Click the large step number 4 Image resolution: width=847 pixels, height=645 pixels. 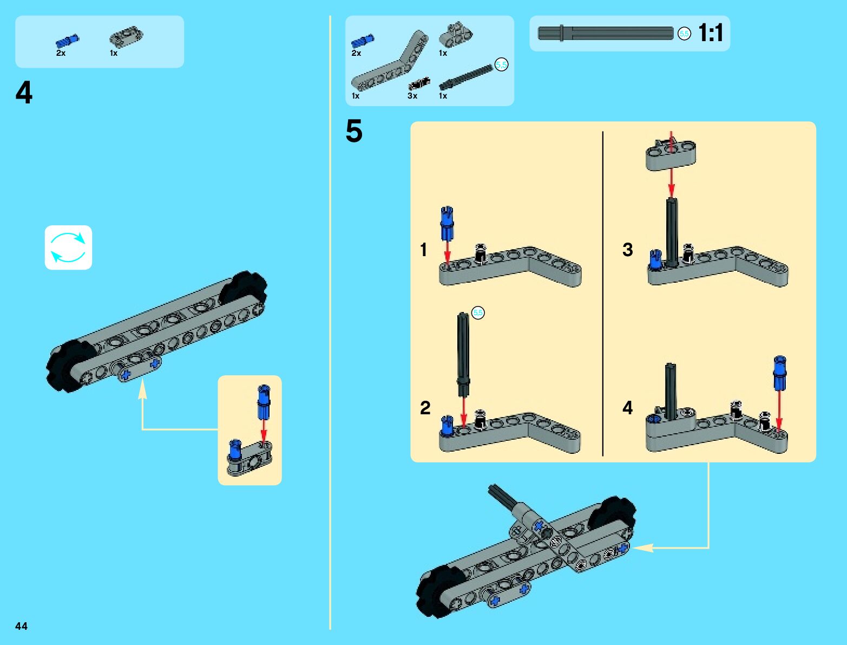point(24,93)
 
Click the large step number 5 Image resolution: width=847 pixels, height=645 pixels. point(354,132)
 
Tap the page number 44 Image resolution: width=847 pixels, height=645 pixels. point(21,626)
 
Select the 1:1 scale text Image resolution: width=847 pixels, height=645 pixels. point(711,33)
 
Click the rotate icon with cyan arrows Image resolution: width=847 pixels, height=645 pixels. point(68,247)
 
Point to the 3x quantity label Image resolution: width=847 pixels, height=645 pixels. point(412,96)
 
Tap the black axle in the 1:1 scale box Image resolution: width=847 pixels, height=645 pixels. point(606,33)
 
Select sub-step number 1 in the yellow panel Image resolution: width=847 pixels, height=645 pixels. point(424,250)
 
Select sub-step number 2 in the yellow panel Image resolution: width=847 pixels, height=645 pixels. point(425,407)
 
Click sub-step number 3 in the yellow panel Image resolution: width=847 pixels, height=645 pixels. point(627,250)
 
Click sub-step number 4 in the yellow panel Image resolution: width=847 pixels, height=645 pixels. point(627,407)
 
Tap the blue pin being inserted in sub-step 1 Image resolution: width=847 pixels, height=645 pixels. point(447,222)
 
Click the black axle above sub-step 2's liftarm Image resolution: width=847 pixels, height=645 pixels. point(463,347)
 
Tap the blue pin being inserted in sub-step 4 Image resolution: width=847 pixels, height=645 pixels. point(779,372)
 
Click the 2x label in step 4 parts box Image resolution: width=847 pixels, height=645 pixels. point(61,53)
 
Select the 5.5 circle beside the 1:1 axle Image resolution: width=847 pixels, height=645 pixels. point(684,34)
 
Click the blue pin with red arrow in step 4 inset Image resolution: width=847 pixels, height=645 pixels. point(264,401)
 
